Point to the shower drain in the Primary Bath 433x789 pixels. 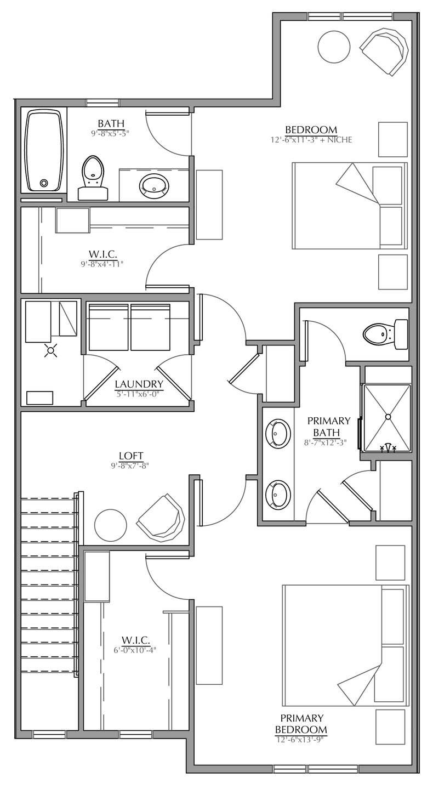388,417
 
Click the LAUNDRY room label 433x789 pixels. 139,384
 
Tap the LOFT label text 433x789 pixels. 132,456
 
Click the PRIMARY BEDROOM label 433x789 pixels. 301,724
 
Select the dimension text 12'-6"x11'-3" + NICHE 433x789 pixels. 311,140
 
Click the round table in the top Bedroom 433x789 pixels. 334,47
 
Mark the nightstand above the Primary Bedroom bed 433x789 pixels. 390,563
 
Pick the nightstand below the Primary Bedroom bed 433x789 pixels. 390,727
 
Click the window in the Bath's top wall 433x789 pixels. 102,103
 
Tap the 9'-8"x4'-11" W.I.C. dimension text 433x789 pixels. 102,264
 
